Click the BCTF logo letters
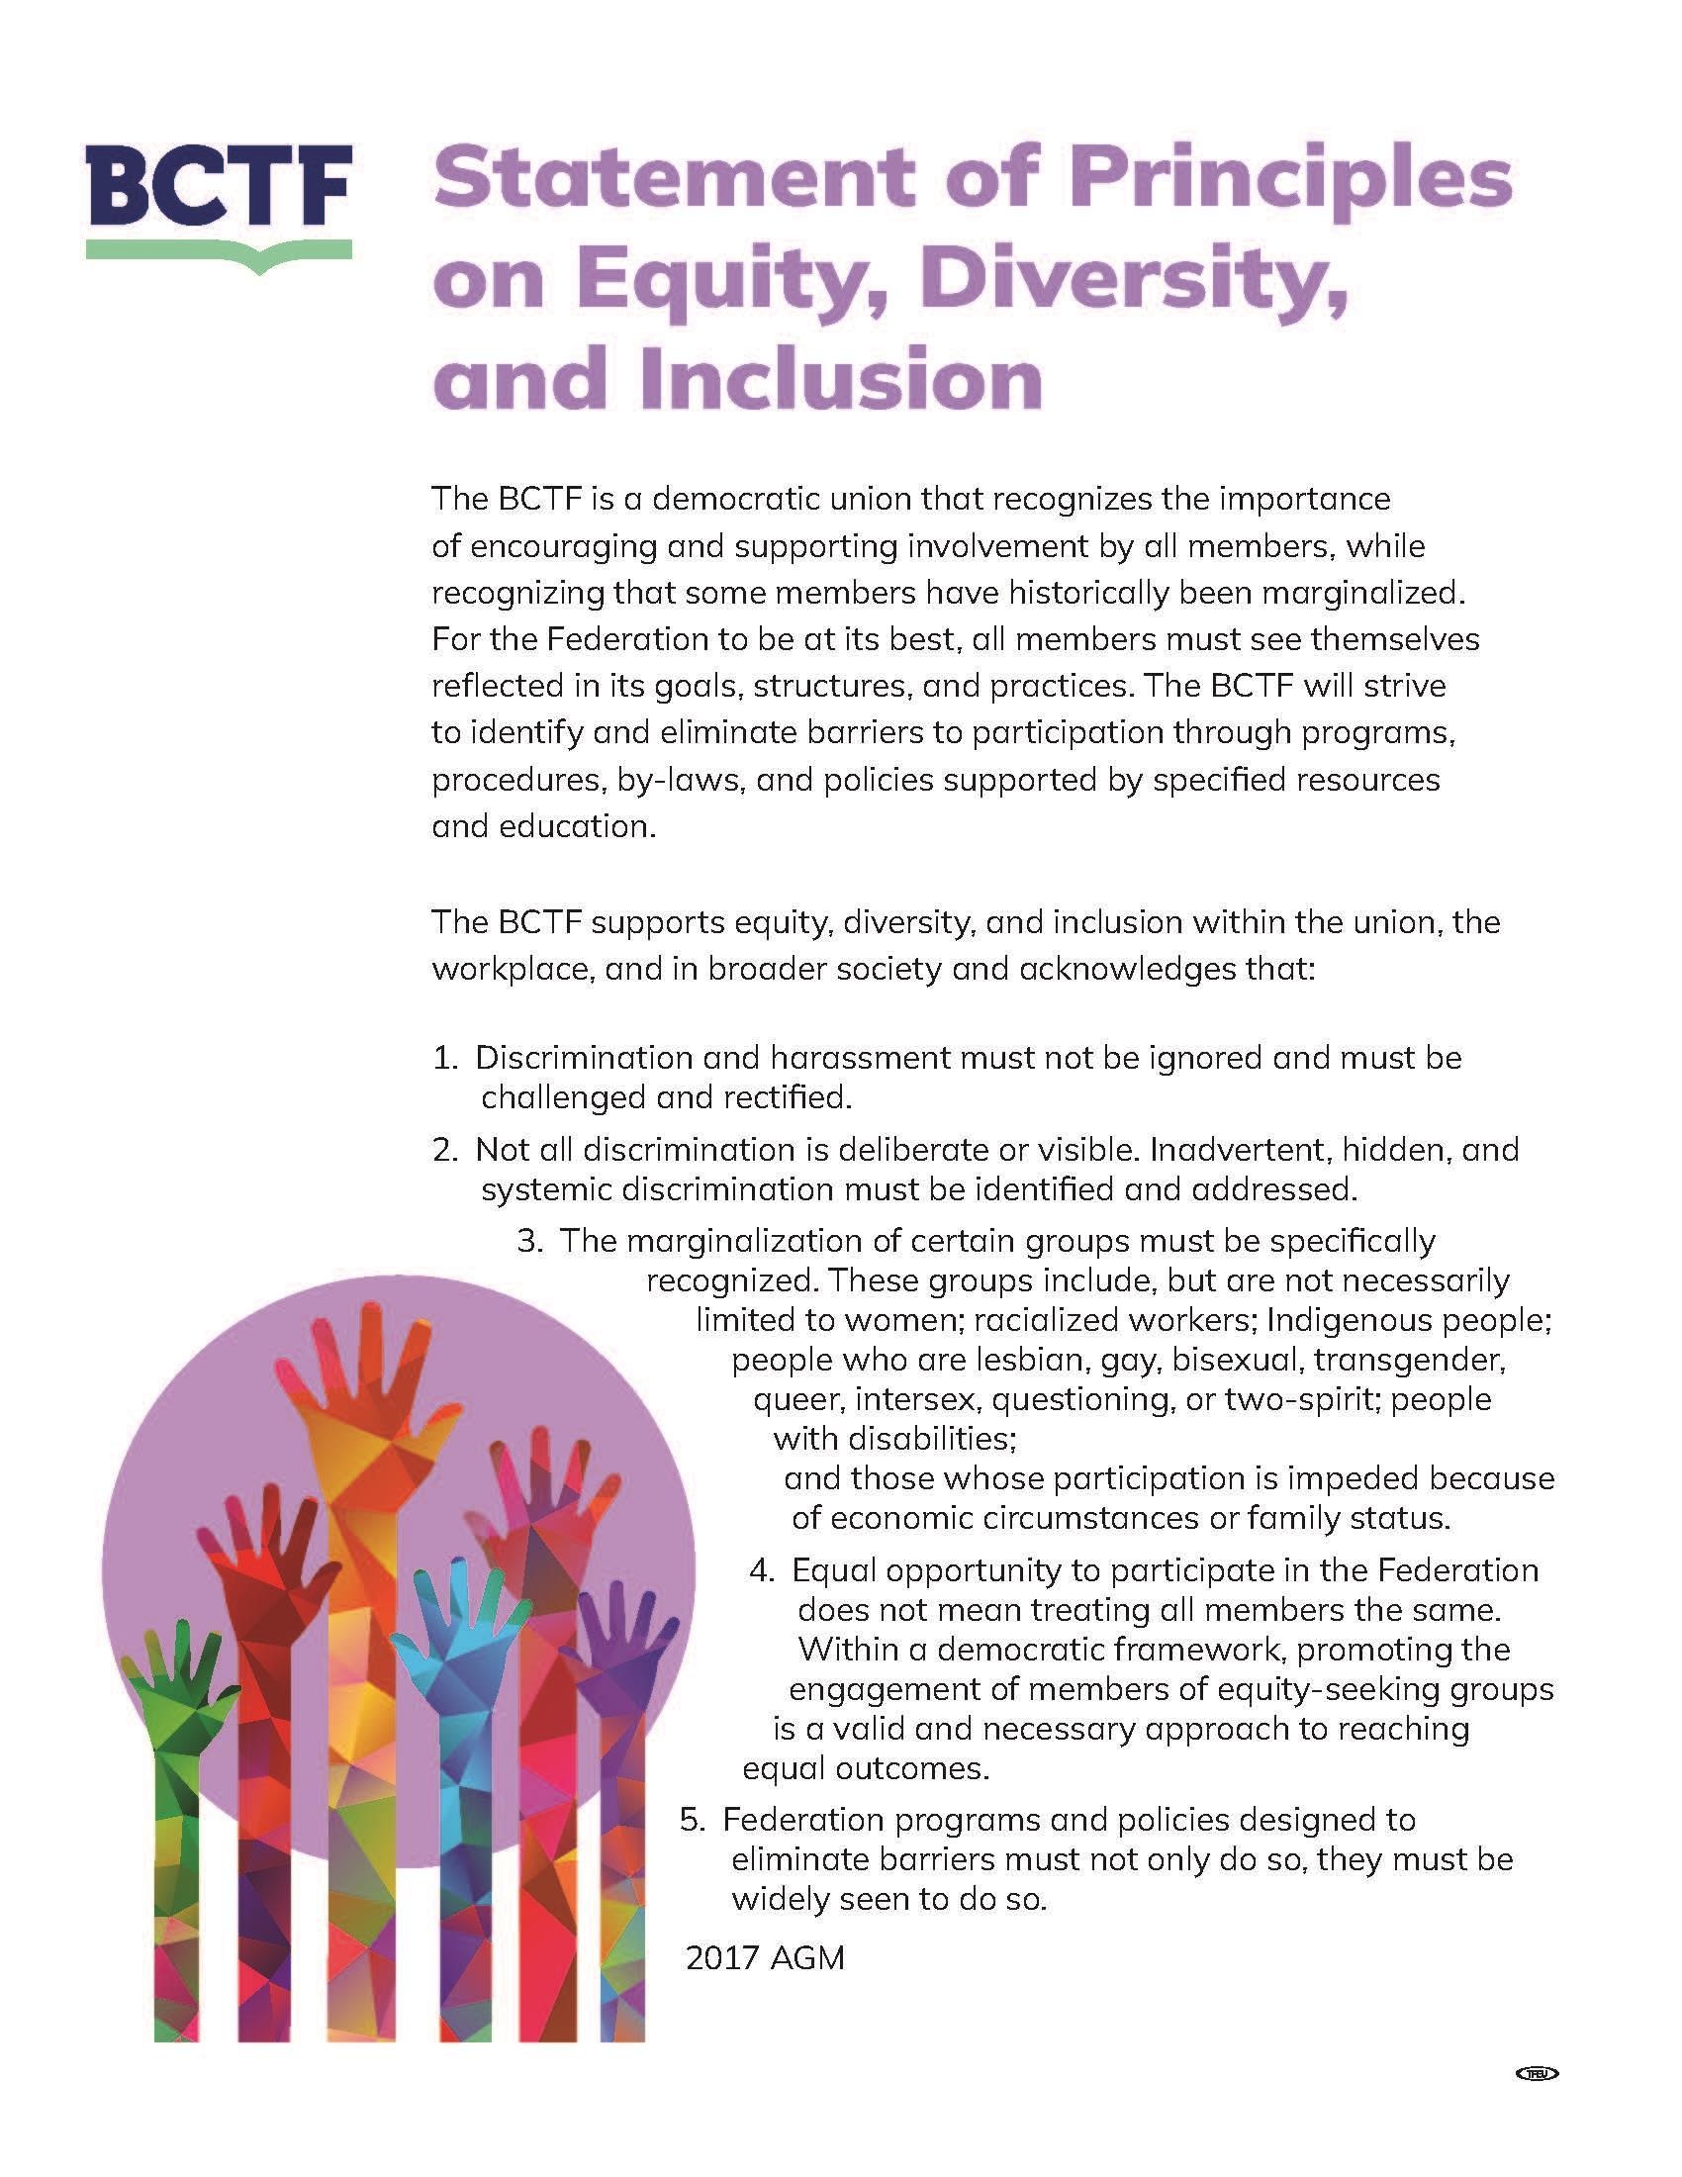click(x=219, y=189)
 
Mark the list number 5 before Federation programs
click(x=691, y=1820)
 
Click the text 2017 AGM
click(x=764, y=1958)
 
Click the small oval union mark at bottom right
click(x=1535, y=2073)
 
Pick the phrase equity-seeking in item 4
click(x=1282, y=1689)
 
